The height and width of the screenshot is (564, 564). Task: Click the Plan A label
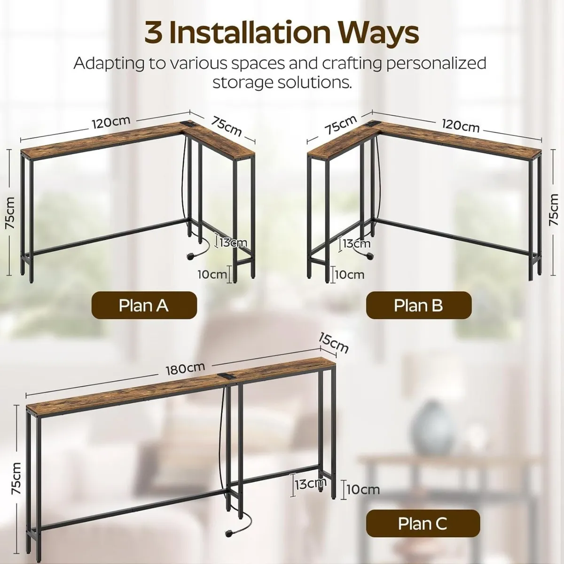pyautogui.click(x=143, y=305)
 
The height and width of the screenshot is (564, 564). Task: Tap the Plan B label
pyautogui.click(x=418, y=305)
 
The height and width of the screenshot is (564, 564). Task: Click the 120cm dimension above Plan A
pyautogui.click(x=110, y=122)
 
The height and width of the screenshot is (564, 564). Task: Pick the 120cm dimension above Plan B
pyautogui.click(x=460, y=126)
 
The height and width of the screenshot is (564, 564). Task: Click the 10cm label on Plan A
pyautogui.click(x=211, y=274)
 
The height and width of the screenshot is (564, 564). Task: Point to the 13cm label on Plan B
pyautogui.click(x=356, y=243)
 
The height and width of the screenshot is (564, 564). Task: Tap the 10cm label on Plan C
pyautogui.click(x=362, y=490)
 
